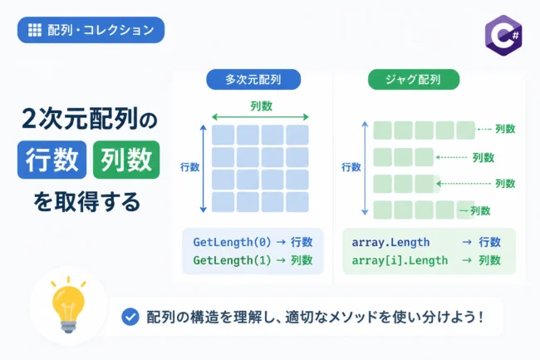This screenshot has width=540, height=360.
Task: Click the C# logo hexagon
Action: (x=503, y=35)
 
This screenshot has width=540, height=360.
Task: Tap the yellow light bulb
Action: (x=68, y=305)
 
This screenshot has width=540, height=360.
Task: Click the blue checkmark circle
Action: (x=130, y=317)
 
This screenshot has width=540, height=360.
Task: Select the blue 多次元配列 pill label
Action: (x=253, y=80)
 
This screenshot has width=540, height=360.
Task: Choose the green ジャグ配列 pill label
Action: (x=414, y=80)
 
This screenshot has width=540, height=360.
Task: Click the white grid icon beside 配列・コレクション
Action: (x=34, y=30)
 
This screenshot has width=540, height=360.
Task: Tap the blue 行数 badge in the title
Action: (x=52, y=160)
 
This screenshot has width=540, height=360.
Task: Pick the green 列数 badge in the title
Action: (x=126, y=160)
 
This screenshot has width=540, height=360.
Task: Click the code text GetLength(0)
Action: (x=232, y=242)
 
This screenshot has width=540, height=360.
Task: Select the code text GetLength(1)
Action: (x=232, y=260)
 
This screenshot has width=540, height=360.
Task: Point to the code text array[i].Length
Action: (x=400, y=260)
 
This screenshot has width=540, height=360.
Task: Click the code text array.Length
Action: (x=390, y=242)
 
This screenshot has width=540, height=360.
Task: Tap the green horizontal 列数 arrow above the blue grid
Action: (x=260, y=117)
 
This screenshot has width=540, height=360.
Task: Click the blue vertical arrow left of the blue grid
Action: (x=204, y=169)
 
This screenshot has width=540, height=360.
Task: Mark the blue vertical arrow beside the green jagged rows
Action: (x=365, y=169)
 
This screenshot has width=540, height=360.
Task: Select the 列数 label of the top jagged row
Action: (x=505, y=129)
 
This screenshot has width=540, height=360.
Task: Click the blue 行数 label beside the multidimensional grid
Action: (x=189, y=167)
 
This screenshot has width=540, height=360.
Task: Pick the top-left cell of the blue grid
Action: (x=223, y=135)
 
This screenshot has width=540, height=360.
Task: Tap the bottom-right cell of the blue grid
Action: (x=297, y=202)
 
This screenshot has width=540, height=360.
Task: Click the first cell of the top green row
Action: (x=383, y=131)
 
